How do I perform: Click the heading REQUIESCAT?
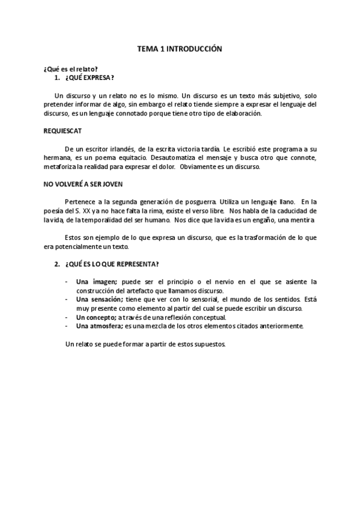tap(63, 131)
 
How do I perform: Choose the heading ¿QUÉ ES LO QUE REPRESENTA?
tap(112, 265)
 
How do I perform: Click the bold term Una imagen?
tap(96, 281)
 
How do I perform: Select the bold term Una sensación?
tap(99, 298)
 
